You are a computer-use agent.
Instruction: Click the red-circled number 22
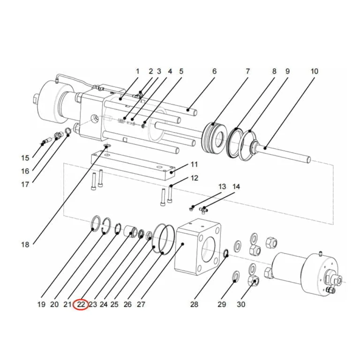(x=81, y=304)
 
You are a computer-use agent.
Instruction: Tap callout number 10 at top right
(x=315, y=71)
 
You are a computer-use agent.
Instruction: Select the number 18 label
(x=25, y=245)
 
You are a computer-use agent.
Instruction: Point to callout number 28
(x=194, y=304)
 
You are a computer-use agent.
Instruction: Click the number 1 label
(x=137, y=71)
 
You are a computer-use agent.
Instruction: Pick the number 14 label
(x=236, y=187)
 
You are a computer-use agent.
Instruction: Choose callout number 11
(x=194, y=165)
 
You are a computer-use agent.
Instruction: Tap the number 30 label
(x=241, y=304)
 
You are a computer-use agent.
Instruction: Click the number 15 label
(x=25, y=158)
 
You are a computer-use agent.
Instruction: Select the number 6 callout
(x=214, y=71)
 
